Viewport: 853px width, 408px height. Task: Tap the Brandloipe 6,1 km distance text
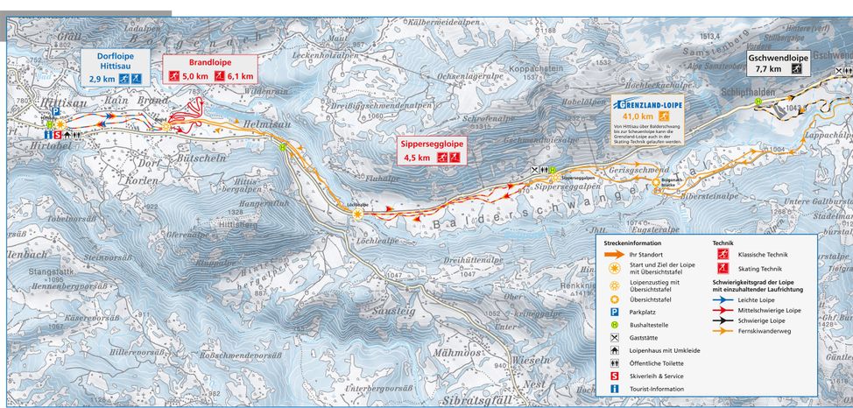tap(239, 77)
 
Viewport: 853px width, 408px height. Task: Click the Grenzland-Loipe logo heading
tap(649, 102)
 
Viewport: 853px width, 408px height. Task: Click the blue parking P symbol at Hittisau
tap(58, 112)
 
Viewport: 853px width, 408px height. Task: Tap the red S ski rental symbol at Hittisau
tap(58, 135)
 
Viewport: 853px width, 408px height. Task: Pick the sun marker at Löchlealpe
tap(357, 216)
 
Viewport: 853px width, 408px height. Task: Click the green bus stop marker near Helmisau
tap(283, 148)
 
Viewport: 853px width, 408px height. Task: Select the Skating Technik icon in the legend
tap(723, 268)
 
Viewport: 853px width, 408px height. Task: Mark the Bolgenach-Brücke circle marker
tap(655, 183)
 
